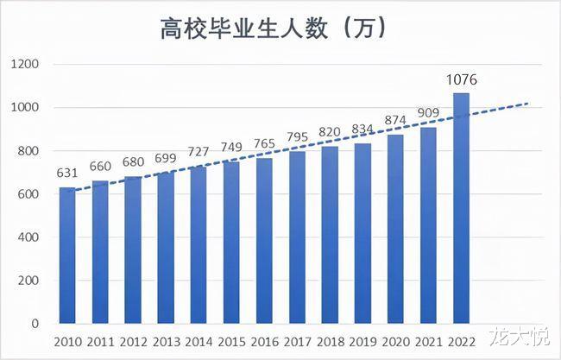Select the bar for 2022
462,208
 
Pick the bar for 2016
265,241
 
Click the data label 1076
462,80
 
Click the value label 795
298,139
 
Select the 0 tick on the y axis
35,324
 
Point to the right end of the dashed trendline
528,104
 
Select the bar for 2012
134,250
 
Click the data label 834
363,130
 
